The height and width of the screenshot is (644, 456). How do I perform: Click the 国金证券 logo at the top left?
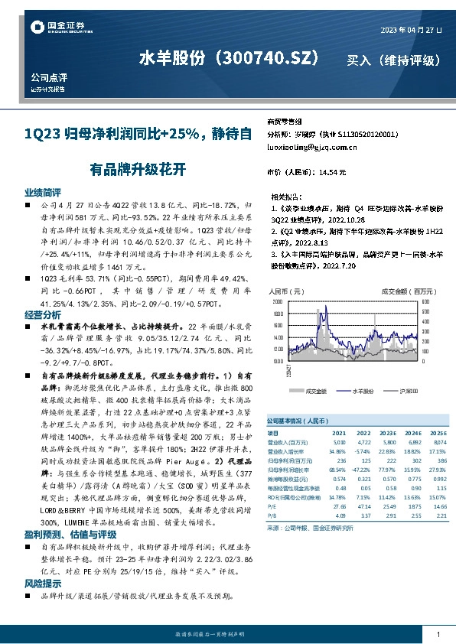tap(58, 28)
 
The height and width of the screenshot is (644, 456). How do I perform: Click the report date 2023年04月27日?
tap(411, 30)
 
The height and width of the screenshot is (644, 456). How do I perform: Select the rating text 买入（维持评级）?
tap(395, 60)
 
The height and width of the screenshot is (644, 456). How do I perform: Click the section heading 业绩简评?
tap(43, 192)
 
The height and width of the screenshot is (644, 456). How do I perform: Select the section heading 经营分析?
tap(43, 314)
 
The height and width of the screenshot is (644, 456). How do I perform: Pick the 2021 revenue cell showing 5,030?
tap(340, 442)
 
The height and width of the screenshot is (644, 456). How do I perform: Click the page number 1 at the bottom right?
tap(437, 635)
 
